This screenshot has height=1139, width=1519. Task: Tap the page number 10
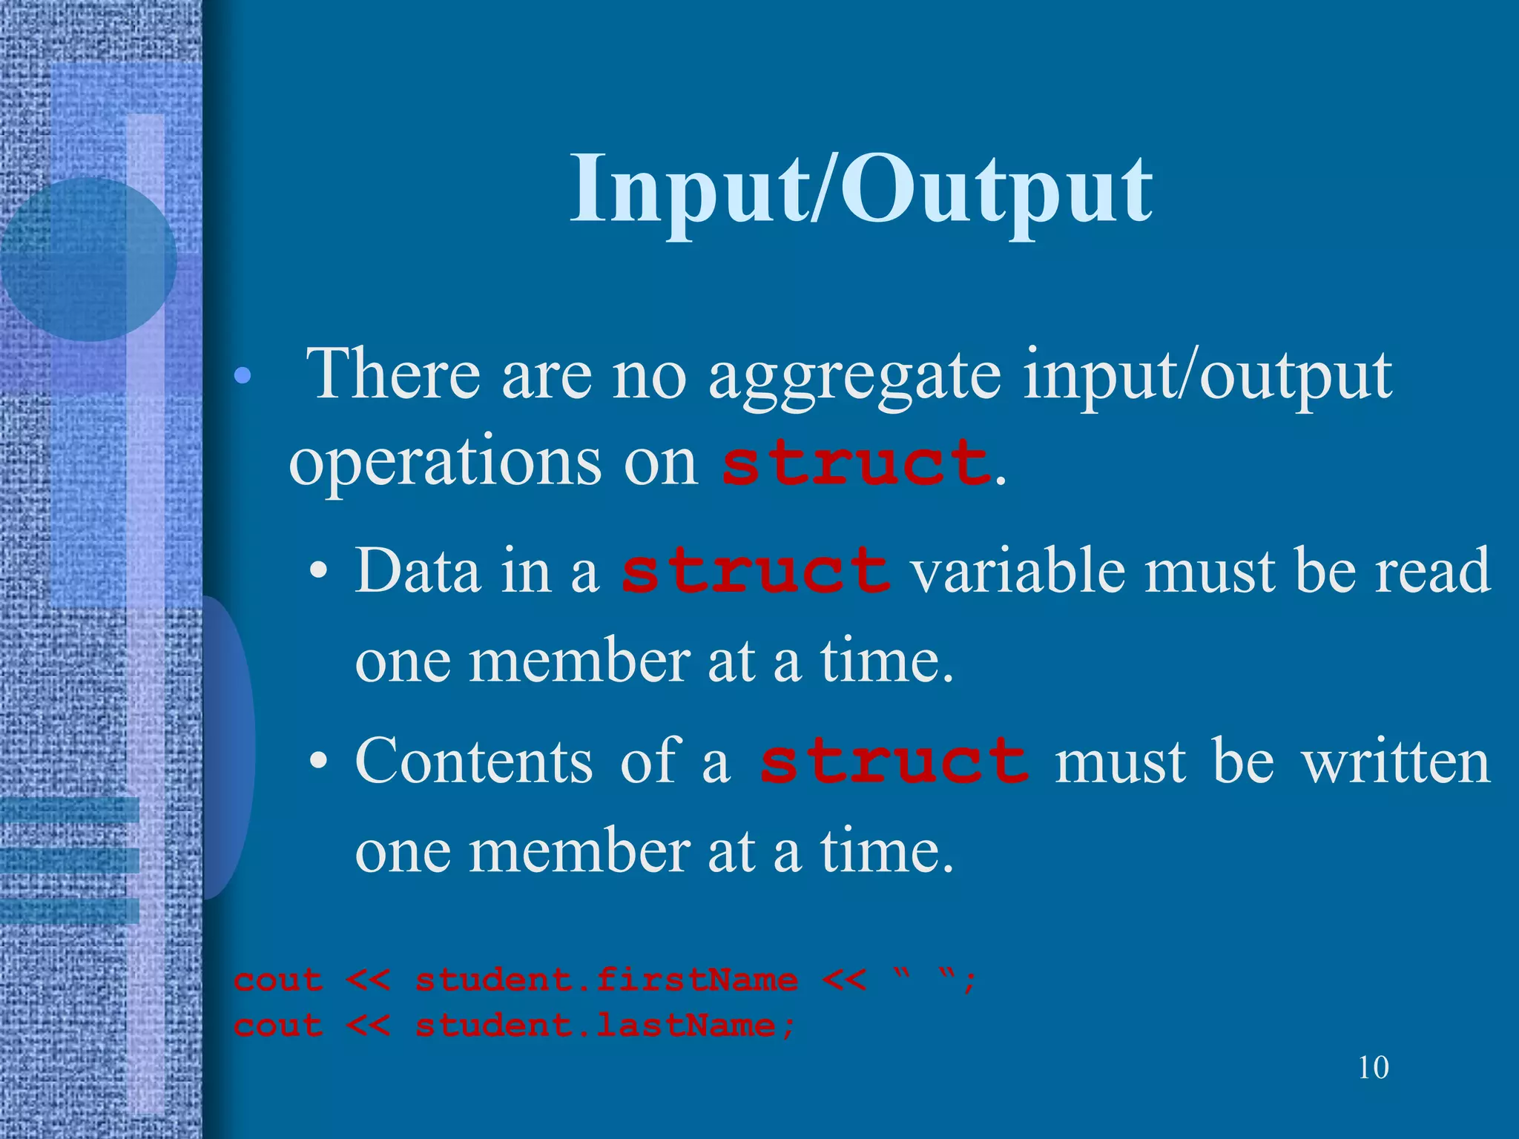(1373, 1068)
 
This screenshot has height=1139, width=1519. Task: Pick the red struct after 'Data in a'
(755, 571)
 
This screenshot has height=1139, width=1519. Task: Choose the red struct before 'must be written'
(894, 762)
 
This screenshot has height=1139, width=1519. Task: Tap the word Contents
(474, 762)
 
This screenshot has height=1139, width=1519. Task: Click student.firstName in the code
(606, 980)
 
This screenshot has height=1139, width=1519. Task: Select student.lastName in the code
(596, 1026)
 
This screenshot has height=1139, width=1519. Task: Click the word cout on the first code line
(278, 980)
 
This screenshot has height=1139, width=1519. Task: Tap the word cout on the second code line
(278, 1026)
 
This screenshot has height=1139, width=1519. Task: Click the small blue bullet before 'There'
(242, 377)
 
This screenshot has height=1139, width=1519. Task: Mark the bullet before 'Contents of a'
(319, 763)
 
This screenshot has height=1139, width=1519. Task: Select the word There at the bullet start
(393, 375)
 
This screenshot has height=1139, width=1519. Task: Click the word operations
(445, 463)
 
